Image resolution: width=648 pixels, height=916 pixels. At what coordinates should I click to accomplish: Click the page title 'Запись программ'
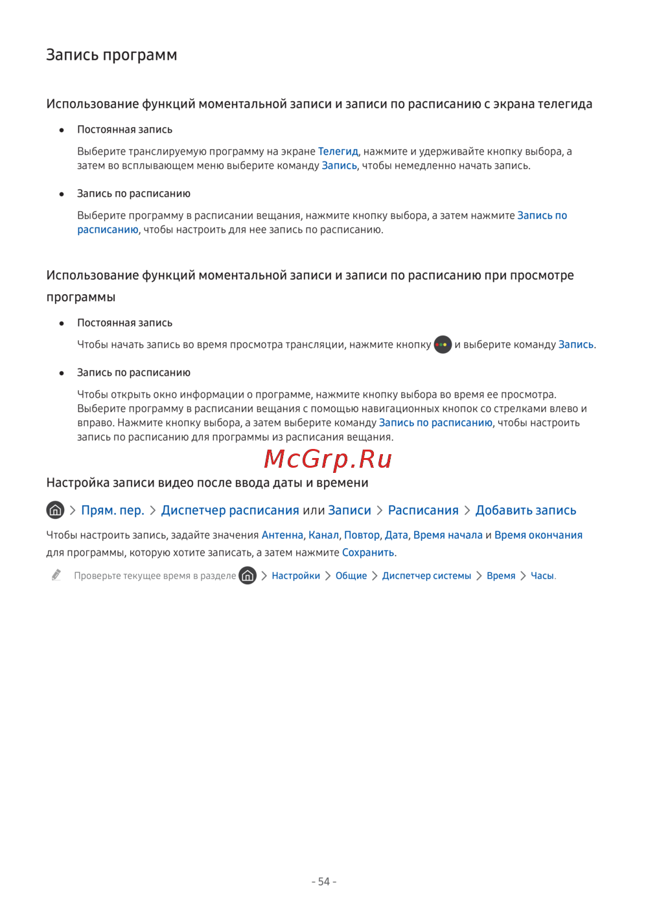pyautogui.click(x=111, y=55)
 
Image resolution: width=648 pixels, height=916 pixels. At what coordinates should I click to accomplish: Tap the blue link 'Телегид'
pyautogui.click(x=338, y=152)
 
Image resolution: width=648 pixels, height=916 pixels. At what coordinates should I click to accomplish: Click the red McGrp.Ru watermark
pyautogui.click(x=328, y=459)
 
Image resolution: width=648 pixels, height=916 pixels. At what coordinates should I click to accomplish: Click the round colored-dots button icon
pyautogui.click(x=443, y=345)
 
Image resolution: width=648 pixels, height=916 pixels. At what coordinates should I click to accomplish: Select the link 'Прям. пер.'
pyautogui.click(x=113, y=510)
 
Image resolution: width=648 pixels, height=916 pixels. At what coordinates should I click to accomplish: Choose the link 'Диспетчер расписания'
pyautogui.click(x=230, y=510)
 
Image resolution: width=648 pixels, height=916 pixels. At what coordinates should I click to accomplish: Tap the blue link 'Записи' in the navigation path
pyautogui.click(x=349, y=510)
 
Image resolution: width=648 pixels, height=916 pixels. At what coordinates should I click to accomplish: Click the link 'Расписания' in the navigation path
pyautogui.click(x=423, y=510)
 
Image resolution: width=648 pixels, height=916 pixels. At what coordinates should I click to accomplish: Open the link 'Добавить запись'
pyautogui.click(x=526, y=510)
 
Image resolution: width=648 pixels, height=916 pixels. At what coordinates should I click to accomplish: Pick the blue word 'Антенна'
pyautogui.click(x=282, y=535)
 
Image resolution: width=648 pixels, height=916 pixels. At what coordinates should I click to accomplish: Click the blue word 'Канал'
pyautogui.click(x=323, y=535)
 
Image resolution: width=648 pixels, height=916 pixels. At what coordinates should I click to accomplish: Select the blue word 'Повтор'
pyautogui.click(x=362, y=535)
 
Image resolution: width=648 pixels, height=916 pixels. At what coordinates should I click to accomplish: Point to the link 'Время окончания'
pyautogui.click(x=538, y=535)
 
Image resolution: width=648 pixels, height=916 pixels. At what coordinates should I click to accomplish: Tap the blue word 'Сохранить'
pyautogui.click(x=368, y=553)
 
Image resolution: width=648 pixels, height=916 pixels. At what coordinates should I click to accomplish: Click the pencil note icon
pyautogui.click(x=56, y=575)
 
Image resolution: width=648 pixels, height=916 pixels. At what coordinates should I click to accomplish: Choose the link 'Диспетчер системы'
pyautogui.click(x=426, y=576)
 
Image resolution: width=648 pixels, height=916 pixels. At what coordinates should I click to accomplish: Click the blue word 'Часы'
pyautogui.click(x=542, y=576)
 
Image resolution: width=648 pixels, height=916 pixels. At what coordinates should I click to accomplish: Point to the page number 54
pyautogui.click(x=324, y=882)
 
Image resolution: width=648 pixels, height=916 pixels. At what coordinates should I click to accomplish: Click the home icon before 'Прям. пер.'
pyautogui.click(x=55, y=510)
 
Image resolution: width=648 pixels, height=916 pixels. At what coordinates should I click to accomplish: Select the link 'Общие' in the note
pyautogui.click(x=351, y=576)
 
